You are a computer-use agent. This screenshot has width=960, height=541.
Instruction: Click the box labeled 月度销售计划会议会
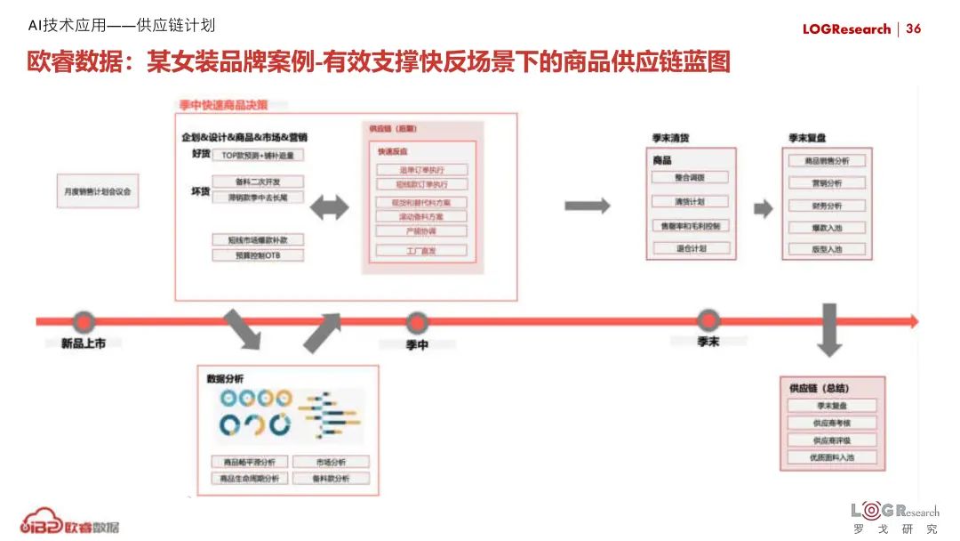(97, 190)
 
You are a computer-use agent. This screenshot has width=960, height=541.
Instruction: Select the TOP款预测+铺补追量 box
(258, 155)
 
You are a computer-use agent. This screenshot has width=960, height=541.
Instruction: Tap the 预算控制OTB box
(258, 255)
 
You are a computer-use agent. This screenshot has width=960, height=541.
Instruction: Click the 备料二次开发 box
(258, 182)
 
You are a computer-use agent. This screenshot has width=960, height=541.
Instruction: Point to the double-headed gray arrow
(330, 207)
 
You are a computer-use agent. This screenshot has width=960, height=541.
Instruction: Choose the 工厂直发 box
(420, 251)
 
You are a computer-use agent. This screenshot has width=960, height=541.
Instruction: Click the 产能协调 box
(420, 231)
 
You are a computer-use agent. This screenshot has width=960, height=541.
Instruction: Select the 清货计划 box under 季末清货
(690, 201)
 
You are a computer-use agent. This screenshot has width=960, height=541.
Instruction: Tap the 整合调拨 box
(690, 177)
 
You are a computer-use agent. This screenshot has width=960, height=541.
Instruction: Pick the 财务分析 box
(827, 206)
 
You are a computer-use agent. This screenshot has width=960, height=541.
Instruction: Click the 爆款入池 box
(827, 228)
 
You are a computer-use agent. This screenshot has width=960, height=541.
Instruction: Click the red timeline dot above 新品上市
(84, 321)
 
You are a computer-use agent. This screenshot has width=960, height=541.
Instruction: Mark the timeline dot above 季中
(416, 321)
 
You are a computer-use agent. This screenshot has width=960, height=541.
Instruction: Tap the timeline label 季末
(708, 342)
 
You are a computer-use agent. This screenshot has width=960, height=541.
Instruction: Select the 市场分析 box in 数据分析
(331, 462)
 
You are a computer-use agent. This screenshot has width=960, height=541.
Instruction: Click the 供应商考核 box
(831, 423)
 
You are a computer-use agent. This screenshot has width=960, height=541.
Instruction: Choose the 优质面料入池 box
(831, 457)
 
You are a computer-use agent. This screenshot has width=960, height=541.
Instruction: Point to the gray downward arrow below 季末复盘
(829, 329)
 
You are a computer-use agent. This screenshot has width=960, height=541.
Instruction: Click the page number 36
(914, 28)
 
